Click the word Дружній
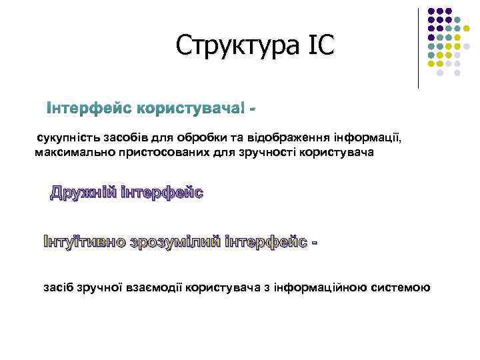pos(83,193)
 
